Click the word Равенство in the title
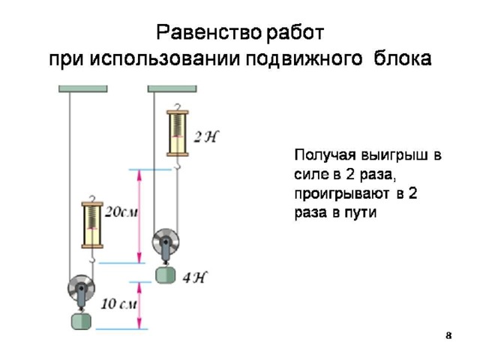pos(209,32)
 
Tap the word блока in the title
pos(402,58)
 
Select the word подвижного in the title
pos(304,58)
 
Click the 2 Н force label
pos(207,136)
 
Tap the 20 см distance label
pos(121,211)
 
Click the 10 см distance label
pos(119,304)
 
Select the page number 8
pos(448,336)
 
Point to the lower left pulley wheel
pos(81,289)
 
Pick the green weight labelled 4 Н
pos(166,275)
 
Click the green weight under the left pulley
pos(81,321)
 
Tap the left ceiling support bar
pos(83,88)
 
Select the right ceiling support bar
pos(172,88)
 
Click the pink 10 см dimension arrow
pos(139,305)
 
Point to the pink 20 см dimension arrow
pos(139,216)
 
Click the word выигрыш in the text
pos(395,155)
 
